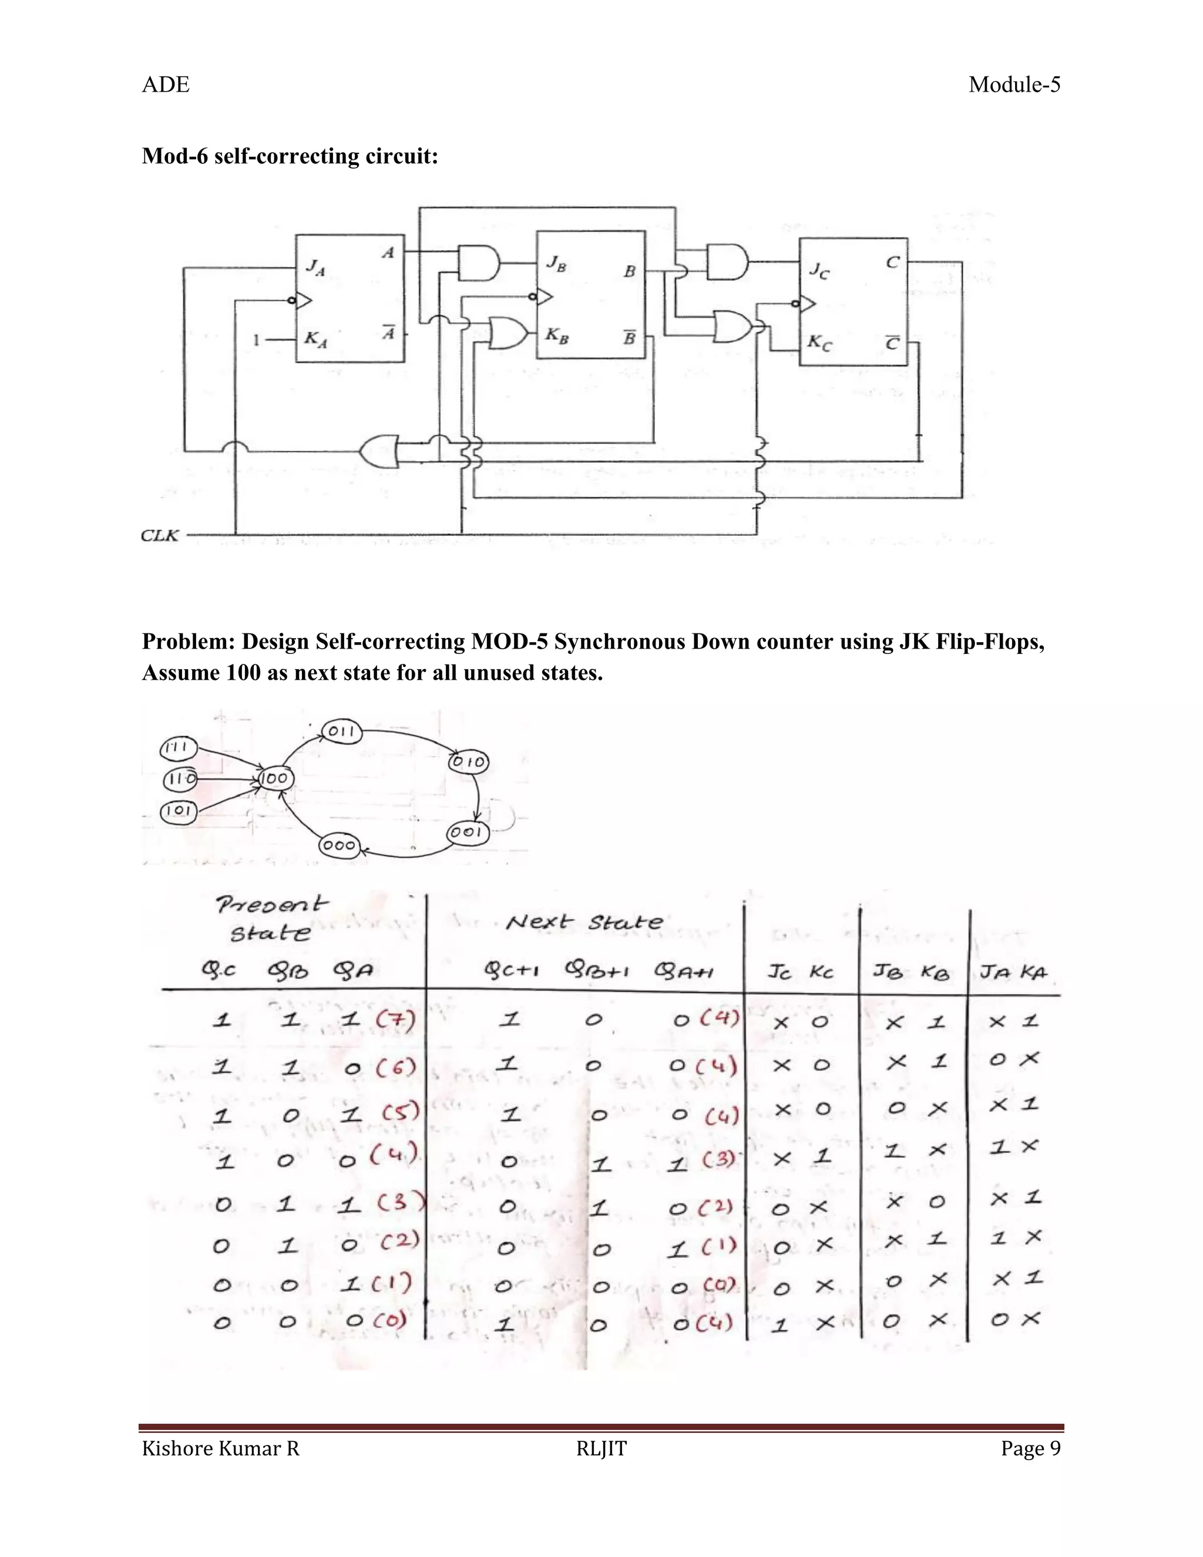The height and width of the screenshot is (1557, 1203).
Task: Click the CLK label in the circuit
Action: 160,535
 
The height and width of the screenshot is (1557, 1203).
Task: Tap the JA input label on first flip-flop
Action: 315,267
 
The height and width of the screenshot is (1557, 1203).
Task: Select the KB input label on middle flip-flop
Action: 557,334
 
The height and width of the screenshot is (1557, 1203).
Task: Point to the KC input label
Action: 819,343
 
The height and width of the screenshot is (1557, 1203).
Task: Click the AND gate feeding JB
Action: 478,263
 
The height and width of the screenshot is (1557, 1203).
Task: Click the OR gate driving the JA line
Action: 378,451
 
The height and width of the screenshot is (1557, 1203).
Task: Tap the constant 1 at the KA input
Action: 256,341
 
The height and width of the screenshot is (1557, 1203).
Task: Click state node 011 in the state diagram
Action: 342,731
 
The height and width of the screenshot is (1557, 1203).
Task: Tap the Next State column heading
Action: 584,922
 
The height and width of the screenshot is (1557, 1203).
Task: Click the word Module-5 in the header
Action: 1014,85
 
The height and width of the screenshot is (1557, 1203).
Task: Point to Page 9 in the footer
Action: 1030,1449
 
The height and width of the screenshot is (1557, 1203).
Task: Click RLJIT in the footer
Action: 601,1449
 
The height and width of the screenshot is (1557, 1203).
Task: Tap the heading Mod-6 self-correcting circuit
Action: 290,156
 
